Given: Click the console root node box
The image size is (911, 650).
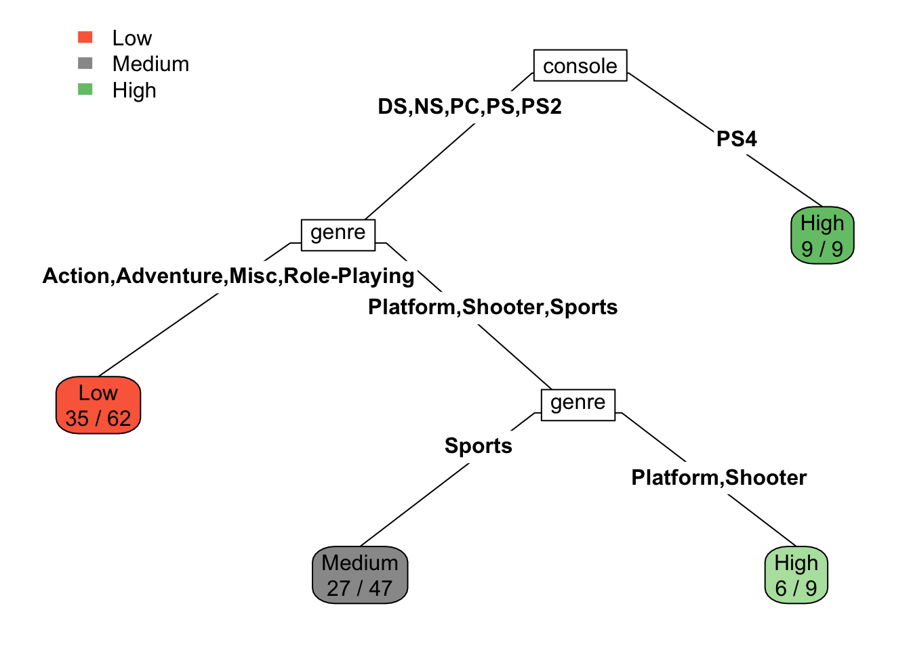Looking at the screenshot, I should (x=580, y=66).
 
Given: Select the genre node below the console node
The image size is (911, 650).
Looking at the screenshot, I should (x=338, y=234).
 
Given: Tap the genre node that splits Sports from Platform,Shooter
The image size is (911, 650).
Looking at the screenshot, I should (x=578, y=404).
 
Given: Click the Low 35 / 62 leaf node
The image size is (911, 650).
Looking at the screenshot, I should (x=98, y=406).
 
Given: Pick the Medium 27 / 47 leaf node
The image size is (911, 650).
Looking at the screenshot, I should (x=360, y=576).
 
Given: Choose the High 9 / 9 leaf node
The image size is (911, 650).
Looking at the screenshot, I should (x=822, y=236).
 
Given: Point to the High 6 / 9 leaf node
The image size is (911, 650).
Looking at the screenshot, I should (x=796, y=576).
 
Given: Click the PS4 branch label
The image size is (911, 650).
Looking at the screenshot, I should (x=737, y=139).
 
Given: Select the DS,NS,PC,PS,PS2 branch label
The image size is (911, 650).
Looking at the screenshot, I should (x=470, y=107).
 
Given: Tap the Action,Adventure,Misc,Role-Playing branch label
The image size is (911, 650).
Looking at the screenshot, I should (x=228, y=276).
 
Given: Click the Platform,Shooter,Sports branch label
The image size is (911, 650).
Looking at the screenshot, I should (x=493, y=307).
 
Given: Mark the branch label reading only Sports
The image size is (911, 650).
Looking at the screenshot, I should (x=479, y=446).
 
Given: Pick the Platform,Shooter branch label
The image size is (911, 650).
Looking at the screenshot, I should (x=719, y=478).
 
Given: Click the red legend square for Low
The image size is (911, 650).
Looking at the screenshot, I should (x=85, y=37).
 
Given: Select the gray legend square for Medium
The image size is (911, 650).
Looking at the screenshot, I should (x=85, y=63).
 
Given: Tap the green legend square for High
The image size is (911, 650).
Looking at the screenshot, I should (x=85, y=89).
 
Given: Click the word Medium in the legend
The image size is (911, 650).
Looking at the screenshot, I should (x=150, y=64).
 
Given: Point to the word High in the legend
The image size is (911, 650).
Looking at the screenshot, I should (x=134, y=90).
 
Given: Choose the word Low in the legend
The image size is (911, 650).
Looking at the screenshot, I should (x=132, y=38).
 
